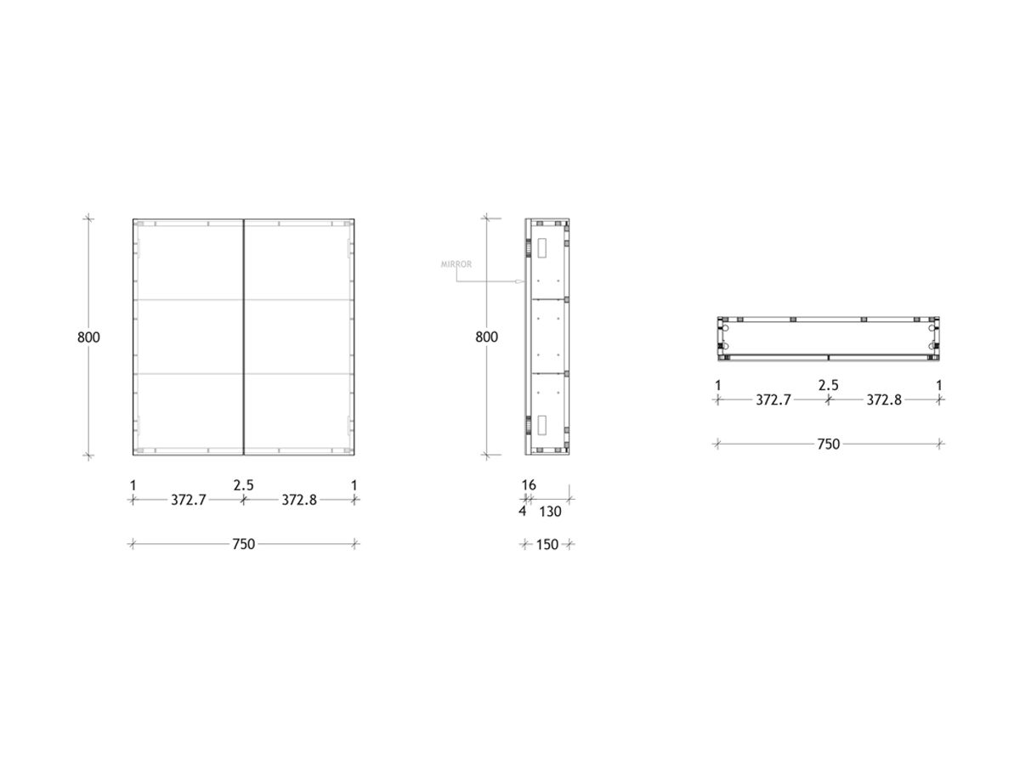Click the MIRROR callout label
(x=456, y=264)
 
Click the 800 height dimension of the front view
(x=88, y=337)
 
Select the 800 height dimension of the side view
(x=486, y=337)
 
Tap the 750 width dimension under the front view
(x=243, y=544)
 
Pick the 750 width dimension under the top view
(x=828, y=444)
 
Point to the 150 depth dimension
(x=547, y=544)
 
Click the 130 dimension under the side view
(x=550, y=512)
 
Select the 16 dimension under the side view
(x=529, y=484)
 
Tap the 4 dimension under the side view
(x=522, y=512)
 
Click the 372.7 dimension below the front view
(x=189, y=500)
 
